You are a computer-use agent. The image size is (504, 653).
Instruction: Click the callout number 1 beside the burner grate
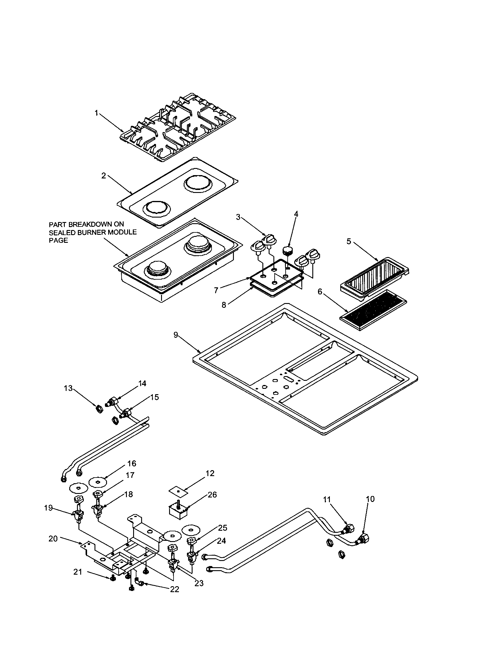(x=96, y=113)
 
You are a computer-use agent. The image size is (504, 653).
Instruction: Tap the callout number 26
(x=212, y=495)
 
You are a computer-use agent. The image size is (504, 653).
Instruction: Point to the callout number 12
(x=210, y=473)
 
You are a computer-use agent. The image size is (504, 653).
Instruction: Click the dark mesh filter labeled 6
(x=374, y=310)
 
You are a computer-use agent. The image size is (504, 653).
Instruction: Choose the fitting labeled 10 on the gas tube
(x=363, y=540)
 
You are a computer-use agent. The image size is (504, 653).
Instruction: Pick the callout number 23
(x=199, y=583)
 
